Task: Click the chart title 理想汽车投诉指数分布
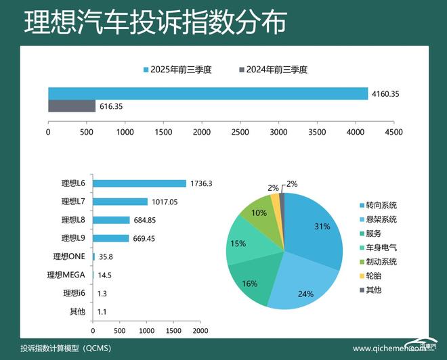(155, 22)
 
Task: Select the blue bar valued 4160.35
(207, 93)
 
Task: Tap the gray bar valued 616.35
(72, 106)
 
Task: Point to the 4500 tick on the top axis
(393, 132)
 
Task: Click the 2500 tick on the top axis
(240, 132)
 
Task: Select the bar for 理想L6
(139, 183)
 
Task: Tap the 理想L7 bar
(120, 202)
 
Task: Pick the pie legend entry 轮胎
(375, 275)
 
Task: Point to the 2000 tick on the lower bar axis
(199, 332)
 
